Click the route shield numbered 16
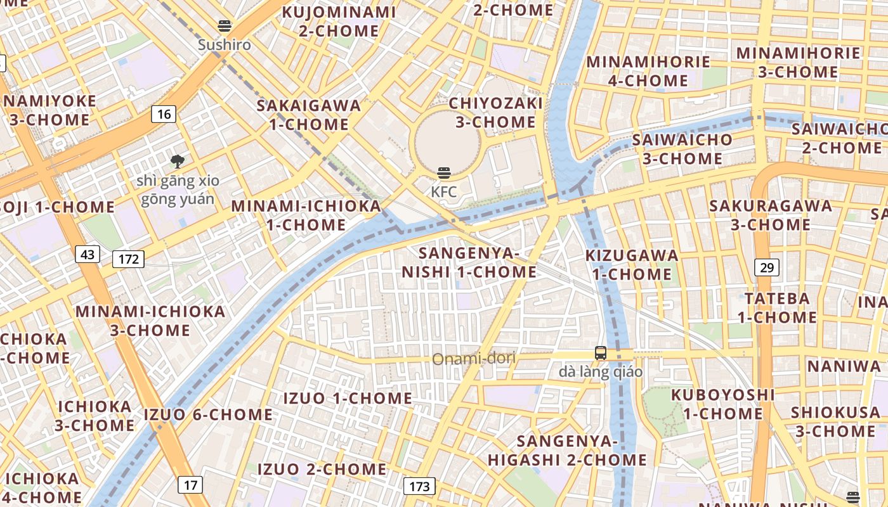164,114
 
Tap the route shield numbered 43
88,254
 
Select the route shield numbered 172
128,259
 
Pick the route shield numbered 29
767,267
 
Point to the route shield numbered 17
190,485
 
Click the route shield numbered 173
419,487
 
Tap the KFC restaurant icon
444,172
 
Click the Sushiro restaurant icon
224,26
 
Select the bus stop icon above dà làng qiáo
600,353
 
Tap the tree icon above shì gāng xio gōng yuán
178,162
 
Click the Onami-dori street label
474,359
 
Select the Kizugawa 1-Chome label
632,265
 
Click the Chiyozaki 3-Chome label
496,113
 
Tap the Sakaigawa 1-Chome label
309,115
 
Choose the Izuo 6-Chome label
209,415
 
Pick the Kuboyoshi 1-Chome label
723,404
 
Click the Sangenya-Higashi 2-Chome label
567,451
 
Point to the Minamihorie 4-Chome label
648,71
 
